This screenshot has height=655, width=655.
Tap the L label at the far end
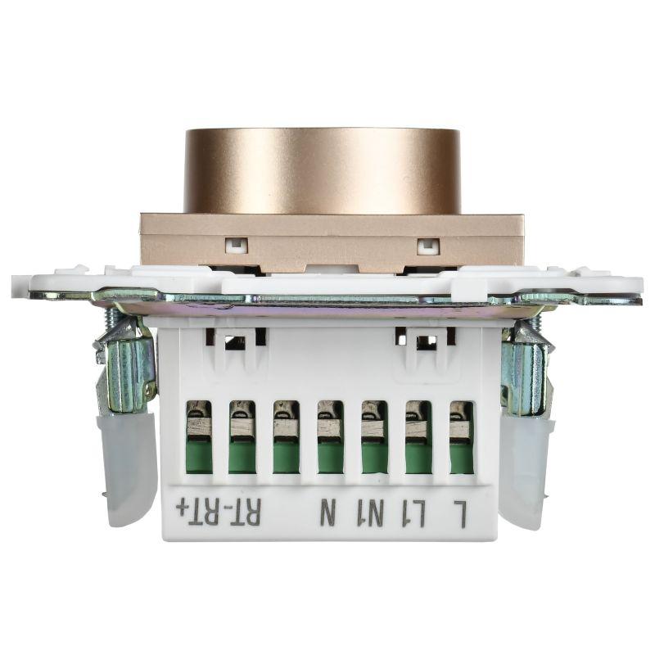(x=460, y=516)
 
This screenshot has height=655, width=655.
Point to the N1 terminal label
(x=373, y=516)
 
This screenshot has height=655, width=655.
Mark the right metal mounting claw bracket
(x=524, y=368)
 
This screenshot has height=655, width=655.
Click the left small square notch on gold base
(x=236, y=244)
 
